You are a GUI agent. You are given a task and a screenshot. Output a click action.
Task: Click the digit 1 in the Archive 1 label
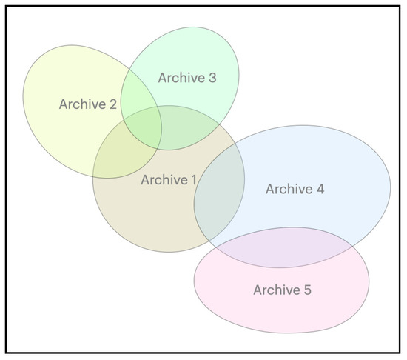coord(194,179)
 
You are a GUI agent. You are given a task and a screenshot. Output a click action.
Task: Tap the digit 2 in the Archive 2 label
coord(112,104)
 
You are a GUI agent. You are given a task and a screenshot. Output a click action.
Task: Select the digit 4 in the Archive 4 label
coord(320,189)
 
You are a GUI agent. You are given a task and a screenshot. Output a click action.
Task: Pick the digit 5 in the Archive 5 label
coord(307,290)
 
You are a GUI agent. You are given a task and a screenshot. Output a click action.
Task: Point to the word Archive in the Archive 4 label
coord(289,189)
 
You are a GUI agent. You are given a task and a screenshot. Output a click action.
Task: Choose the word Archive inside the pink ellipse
coord(276,290)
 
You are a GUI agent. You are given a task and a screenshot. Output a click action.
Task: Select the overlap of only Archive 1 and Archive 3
coord(185,130)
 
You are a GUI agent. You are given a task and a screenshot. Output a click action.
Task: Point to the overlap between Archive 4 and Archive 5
coord(281,248)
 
